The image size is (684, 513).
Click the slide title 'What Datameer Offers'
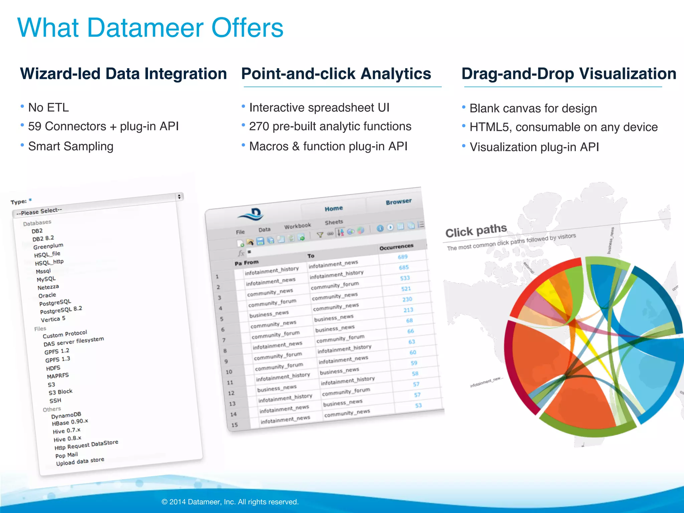coord(150,28)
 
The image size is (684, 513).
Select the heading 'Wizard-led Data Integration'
coord(123,74)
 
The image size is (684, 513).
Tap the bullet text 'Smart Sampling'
coord(71,146)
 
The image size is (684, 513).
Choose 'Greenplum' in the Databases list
coord(48,246)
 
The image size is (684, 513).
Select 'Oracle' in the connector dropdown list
coord(47,295)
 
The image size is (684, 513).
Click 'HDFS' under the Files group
coord(53,368)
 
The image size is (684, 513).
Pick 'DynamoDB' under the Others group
coord(66,415)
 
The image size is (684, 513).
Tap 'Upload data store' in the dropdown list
coord(80,461)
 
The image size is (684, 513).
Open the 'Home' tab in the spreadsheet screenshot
coord(334,208)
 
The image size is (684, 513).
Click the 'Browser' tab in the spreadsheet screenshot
coord(398,202)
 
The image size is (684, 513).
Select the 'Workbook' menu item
coord(297,226)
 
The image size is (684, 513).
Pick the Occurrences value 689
coord(403,257)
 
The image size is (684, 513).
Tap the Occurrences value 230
coord(407,299)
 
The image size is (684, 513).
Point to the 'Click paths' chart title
coord(476,231)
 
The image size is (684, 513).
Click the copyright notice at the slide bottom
coord(230,502)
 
